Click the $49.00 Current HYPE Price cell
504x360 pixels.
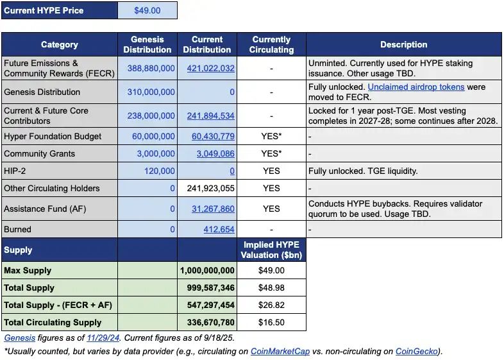pos(147,10)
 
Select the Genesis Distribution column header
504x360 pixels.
pos(147,44)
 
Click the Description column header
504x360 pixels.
pos(403,44)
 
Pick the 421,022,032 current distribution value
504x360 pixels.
pos(210,69)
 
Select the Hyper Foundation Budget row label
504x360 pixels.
pos(47,136)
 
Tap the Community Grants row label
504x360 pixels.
pos(40,154)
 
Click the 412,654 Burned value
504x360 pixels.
pos(219,229)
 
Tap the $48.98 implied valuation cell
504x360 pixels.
pos(271,287)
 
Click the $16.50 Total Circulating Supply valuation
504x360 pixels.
pos(271,322)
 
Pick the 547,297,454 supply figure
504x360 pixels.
pos(210,305)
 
